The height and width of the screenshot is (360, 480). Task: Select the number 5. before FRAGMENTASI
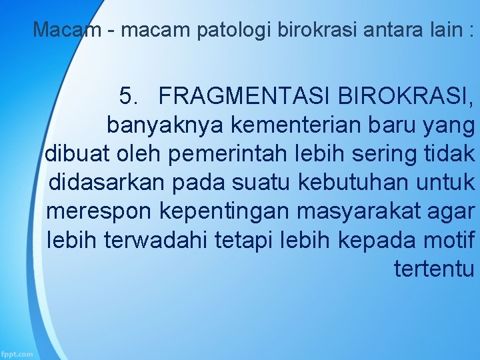click(131, 97)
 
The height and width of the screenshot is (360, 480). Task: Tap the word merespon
click(100, 211)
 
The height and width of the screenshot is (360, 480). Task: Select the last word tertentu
click(434, 269)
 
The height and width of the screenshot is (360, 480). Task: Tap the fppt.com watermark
click(17, 354)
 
